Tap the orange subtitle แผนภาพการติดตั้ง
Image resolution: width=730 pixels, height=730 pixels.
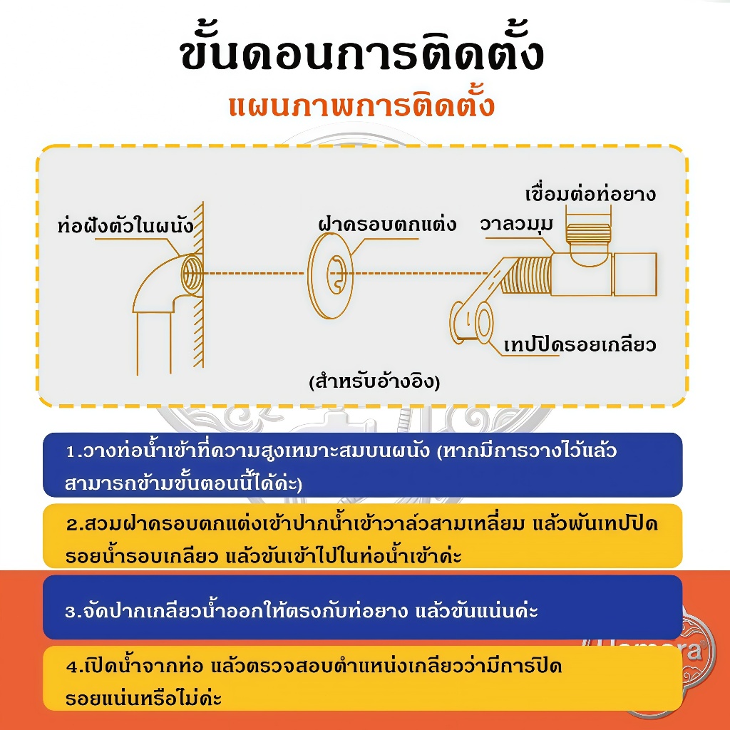coord(361,106)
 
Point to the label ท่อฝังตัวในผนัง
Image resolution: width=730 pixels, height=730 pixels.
coord(125,225)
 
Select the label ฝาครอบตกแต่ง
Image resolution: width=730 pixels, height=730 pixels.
coord(387,224)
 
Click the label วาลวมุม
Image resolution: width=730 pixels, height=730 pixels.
coord(517,225)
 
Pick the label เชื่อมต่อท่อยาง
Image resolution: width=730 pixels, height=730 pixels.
coord(590,194)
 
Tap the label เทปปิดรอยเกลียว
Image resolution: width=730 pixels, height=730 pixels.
coord(580,345)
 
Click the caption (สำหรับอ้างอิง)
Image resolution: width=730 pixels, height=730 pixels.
coord(375,381)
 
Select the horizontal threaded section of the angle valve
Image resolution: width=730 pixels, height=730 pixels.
coord(527,276)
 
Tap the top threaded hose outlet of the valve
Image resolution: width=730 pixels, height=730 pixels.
coord(588,233)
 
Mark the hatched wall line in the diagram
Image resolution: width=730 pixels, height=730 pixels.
coord(199,284)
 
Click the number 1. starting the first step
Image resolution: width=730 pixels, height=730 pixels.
coord(73,451)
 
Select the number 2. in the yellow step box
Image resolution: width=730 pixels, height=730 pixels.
coord(74,525)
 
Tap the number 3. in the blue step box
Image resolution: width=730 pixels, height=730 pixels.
coord(73,611)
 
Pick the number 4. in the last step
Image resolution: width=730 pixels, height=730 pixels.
coord(74,667)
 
